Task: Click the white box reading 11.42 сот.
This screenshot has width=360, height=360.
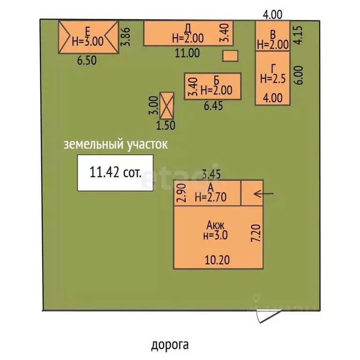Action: pos(115,172)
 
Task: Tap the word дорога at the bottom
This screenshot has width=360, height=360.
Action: pos(170,345)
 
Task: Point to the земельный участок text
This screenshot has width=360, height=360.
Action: pos(115,144)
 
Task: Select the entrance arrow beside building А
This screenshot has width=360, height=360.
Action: pos(263,194)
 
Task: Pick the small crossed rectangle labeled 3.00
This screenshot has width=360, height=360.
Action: pos(167,105)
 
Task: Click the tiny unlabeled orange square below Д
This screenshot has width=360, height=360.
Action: pos(230,56)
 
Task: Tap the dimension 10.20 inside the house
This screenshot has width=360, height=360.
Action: pos(217,260)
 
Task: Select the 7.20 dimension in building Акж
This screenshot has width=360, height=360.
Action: pos(256,233)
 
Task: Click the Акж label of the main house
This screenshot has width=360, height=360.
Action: pos(215,225)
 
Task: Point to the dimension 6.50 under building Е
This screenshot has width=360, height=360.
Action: pos(87,60)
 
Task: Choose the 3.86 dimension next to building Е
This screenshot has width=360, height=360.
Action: pos(126,37)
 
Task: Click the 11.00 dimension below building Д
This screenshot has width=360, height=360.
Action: pos(187,53)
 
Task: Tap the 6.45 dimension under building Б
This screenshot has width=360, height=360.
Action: pos(214,106)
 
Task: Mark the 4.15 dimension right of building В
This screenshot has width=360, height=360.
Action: pos(299,35)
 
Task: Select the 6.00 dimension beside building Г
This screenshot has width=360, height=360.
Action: pos(299,75)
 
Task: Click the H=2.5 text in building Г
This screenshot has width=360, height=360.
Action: pos(273,79)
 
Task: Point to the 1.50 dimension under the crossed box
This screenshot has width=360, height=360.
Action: pos(166,125)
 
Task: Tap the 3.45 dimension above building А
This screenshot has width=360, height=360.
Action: pos(211,174)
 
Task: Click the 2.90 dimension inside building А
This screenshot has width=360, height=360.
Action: pos(181,193)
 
